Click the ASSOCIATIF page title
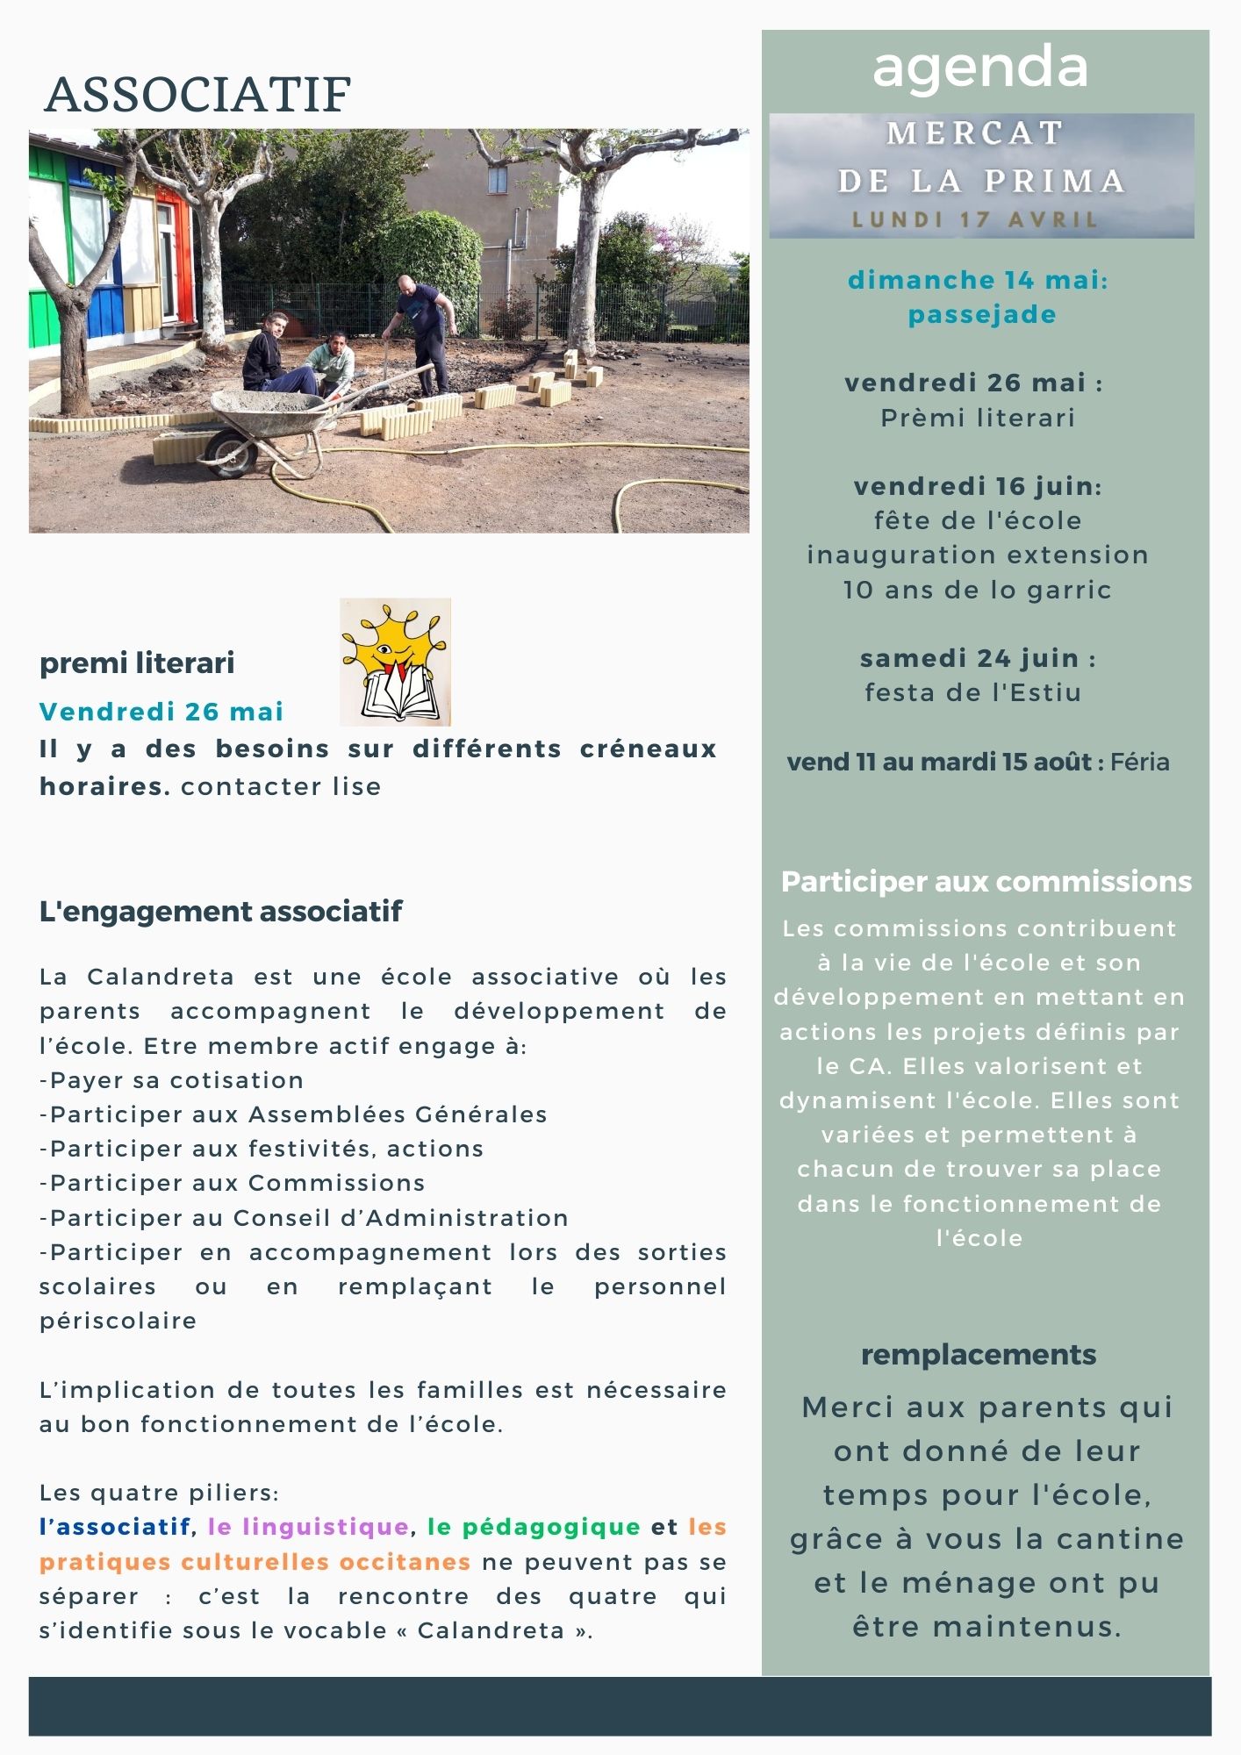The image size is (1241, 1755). click(x=197, y=95)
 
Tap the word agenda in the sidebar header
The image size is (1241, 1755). click(x=979, y=68)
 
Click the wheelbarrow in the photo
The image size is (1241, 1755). click(x=263, y=421)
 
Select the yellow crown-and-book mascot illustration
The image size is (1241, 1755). click(x=395, y=662)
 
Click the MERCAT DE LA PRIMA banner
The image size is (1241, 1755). click(x=981, y=175)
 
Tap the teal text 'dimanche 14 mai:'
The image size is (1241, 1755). click(x=978, y=280)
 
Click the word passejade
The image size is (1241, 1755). click(x=981, y=314)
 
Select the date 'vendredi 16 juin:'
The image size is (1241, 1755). click(x=978, y=486)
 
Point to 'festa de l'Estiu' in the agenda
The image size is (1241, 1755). click(x=972, y=692)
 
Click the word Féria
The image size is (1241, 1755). click(x=1139, y=762)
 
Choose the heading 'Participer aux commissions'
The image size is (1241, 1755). click(x=986, y=882)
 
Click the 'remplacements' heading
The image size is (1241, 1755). click(x=978, y=1354)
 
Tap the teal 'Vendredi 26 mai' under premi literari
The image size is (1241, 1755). click(x=161, y=711)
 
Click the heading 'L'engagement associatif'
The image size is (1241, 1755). click(x=220, y=911)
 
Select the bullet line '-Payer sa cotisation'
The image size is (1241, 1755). click(x=171, y=1080)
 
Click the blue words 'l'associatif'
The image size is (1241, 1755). click(x=115, y=1527)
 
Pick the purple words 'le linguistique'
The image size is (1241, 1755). click(x=308, y=1527)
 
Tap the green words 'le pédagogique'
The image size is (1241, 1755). click(x=534, y=1527)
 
